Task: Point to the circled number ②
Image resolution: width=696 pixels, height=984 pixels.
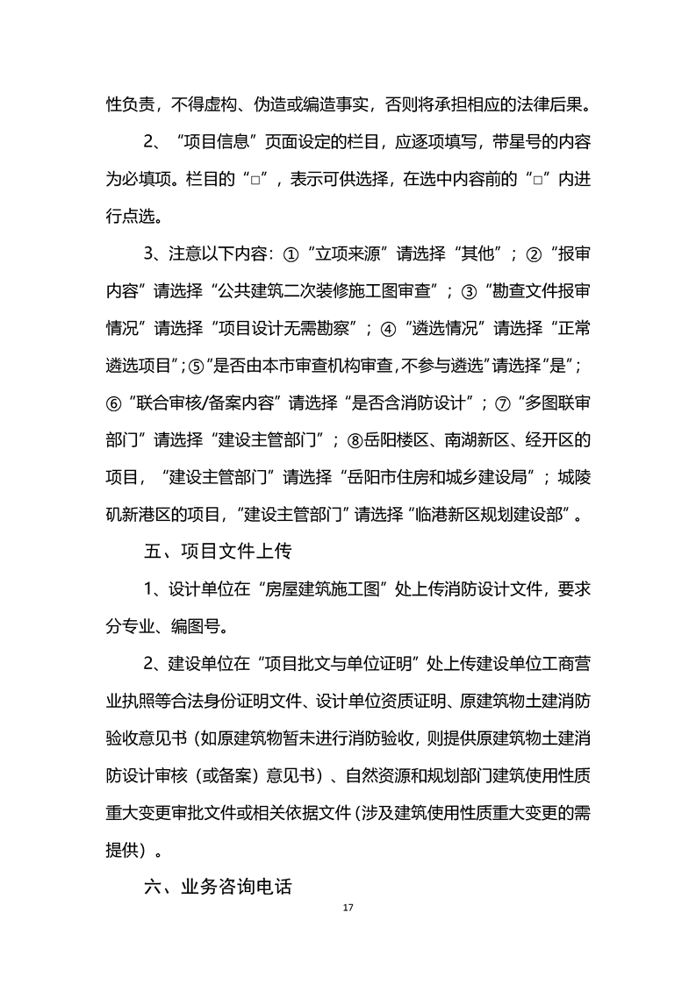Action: pos(533,254)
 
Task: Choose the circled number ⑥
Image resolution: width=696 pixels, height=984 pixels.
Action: pos(114,403)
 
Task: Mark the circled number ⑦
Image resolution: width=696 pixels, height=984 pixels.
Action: pos(503,403)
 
